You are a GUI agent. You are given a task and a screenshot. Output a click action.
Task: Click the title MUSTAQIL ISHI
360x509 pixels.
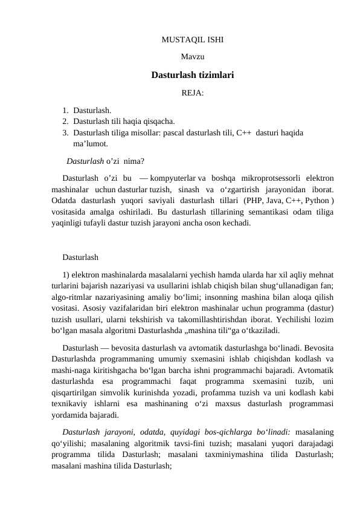coord(192,41)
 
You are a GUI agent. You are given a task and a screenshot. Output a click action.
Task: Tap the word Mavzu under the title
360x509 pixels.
coord(192,58)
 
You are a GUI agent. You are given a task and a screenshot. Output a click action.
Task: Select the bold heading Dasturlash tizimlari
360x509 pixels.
coord(192,76)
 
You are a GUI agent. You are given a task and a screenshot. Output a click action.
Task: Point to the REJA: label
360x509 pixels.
coord(192,94)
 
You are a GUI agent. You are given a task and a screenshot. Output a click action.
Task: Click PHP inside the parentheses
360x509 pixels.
coord(251,201)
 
